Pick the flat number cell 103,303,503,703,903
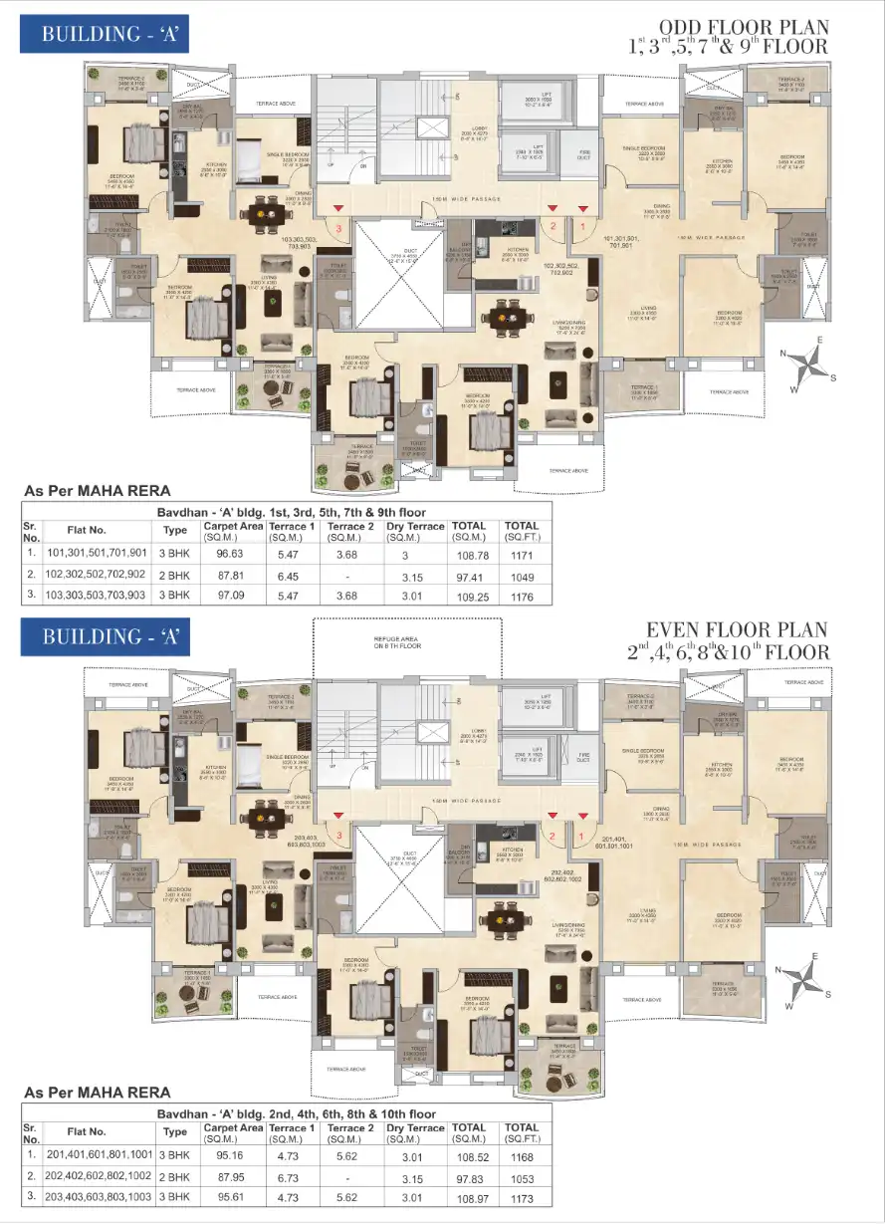tap(96, 597)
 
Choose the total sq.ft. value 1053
tap(523, 1177)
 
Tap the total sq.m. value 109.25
tap(468, 597)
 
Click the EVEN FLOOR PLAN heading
tap(737, 630)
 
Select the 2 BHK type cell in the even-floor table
tap(175, 1177)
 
